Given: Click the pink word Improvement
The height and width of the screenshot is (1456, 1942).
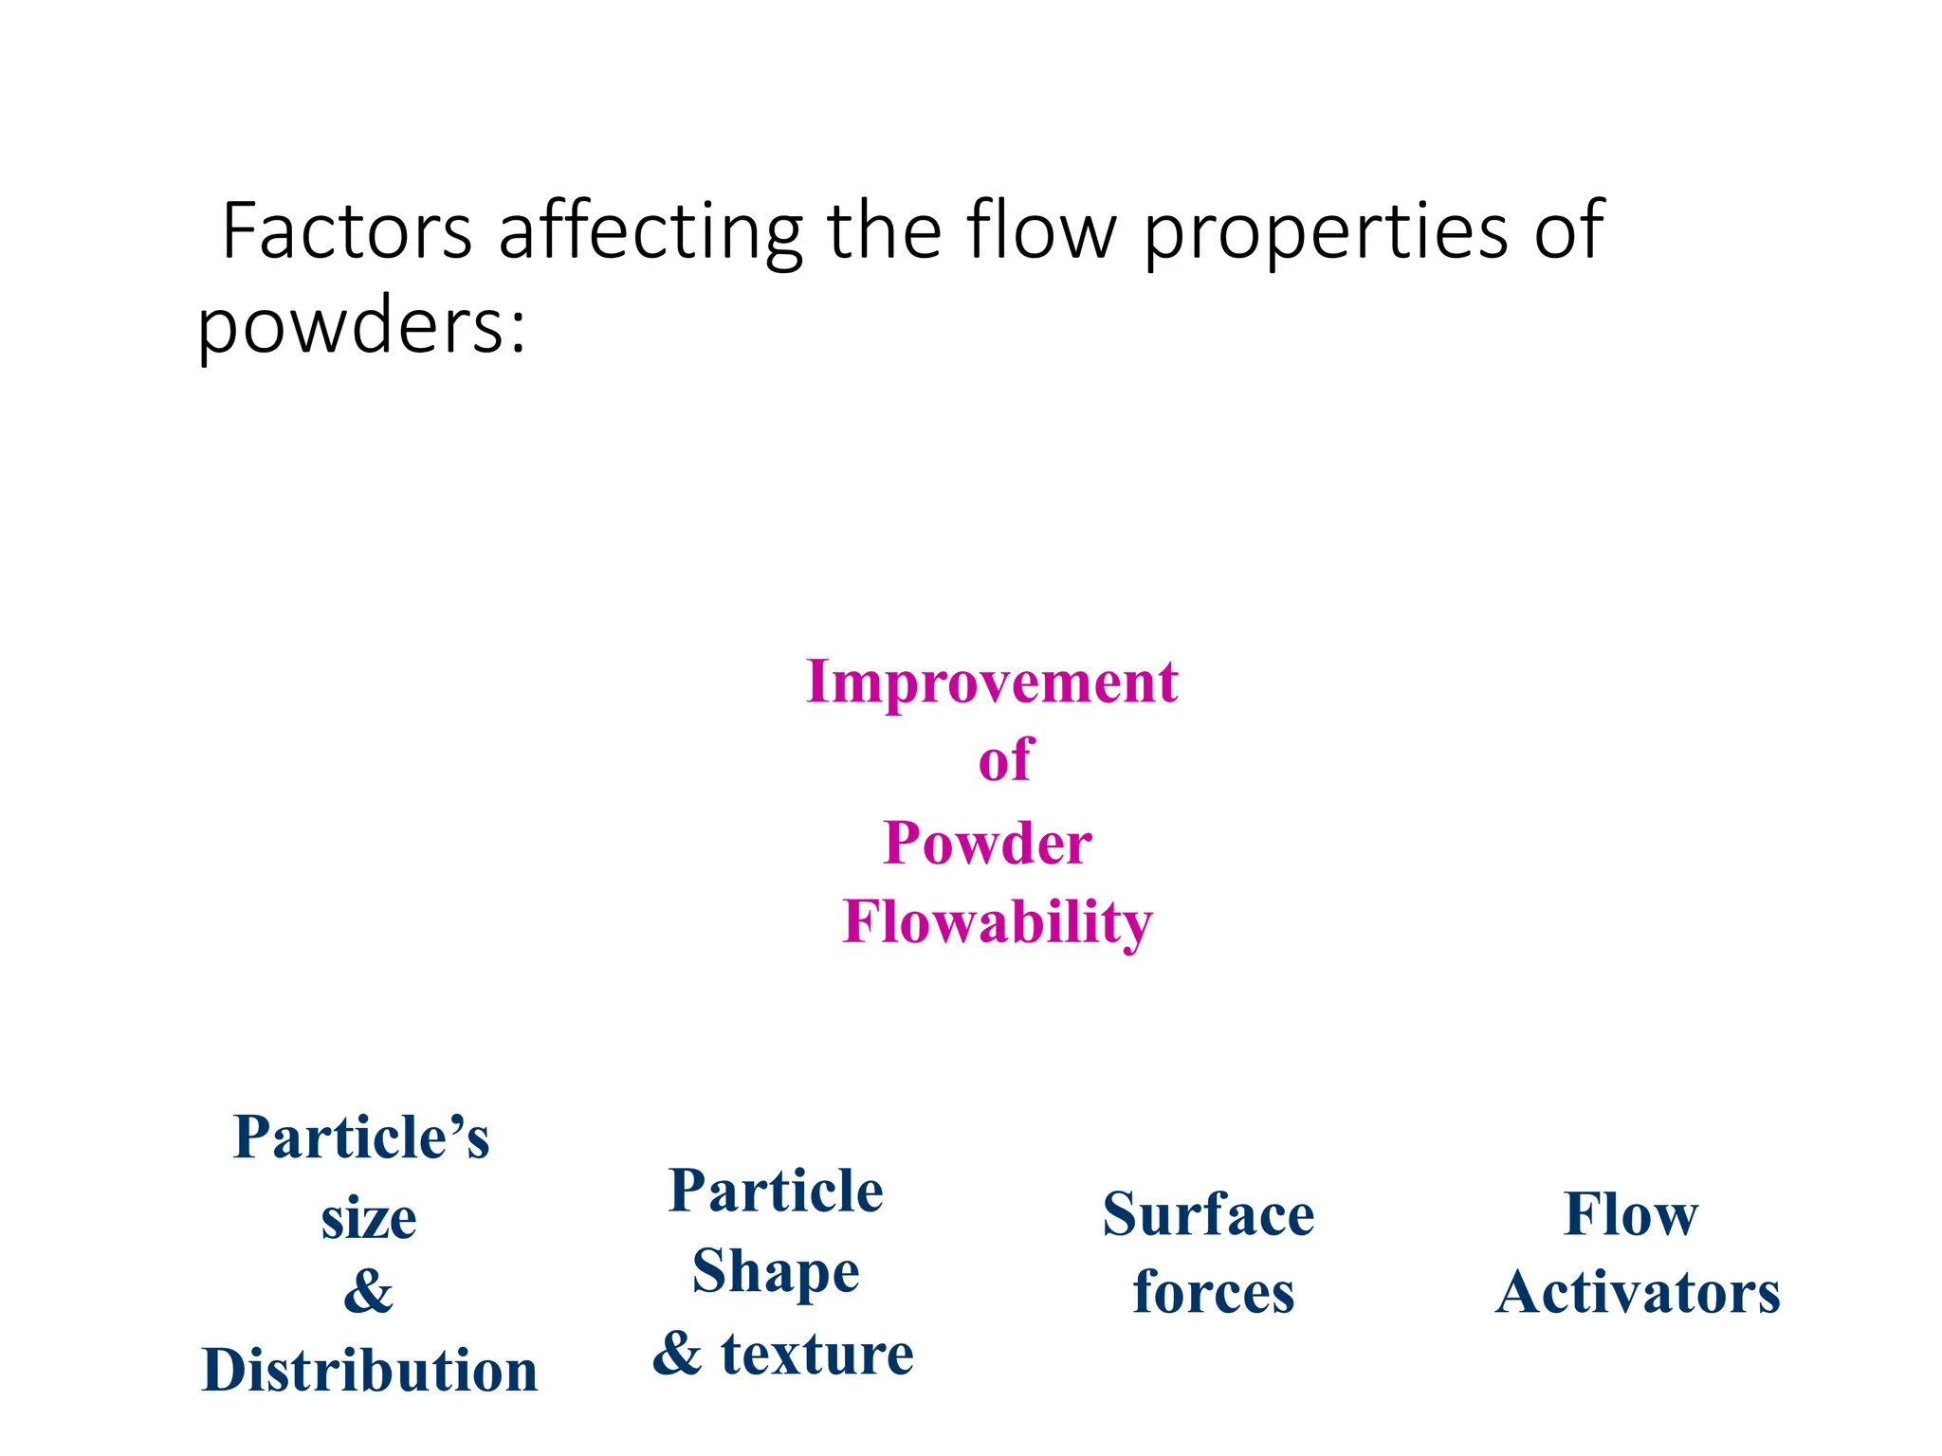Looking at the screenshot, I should click(x=992, y=682).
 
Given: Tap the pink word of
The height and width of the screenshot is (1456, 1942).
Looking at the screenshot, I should click(x=1004, y=760).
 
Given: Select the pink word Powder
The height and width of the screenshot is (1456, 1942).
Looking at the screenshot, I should click(x=987, y=843).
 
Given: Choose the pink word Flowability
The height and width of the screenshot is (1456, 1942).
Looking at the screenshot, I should click(x=998, y=922).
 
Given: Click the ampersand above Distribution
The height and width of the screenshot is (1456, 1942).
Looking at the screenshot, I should click(x=368, y=1291).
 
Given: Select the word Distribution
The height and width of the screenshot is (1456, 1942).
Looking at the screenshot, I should click(x=369, y=1371).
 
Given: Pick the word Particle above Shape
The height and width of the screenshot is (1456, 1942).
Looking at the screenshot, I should click(x=776, y=1191).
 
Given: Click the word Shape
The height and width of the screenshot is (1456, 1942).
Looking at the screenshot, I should click(x=776, y=1273).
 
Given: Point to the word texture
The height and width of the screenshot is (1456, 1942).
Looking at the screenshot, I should click(x=816, y=1354).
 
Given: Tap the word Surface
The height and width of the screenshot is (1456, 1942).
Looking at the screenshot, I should click(x=1208, y=1214).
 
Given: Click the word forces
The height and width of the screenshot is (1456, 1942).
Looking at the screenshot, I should click(x=1213, y=1292).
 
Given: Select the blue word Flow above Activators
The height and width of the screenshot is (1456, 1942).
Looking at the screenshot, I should click(x=1630, y=1214).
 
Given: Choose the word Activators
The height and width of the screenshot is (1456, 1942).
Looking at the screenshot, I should click(x=1638, y=1292).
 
